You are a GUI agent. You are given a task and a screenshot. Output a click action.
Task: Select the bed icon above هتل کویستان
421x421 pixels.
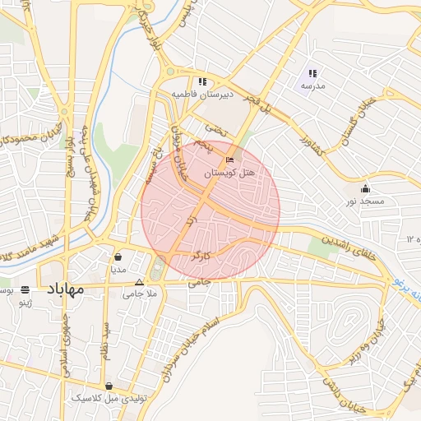[x=229, y=159]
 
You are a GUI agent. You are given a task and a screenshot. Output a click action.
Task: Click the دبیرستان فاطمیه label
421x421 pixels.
[x=202, y=95]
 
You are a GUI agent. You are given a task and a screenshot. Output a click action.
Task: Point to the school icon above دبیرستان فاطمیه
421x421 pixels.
[x=202, y=81]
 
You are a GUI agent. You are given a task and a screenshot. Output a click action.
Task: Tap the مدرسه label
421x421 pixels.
[x=312, y=86]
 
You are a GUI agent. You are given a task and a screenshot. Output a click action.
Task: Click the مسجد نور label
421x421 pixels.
[x=364, y=201]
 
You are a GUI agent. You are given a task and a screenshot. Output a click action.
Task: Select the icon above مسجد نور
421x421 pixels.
[x=365, y=188]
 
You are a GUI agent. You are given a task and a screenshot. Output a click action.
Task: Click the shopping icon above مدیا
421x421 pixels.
[x=118, y=256]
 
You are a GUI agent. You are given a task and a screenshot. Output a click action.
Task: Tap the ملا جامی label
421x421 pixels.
[x=139, y=294]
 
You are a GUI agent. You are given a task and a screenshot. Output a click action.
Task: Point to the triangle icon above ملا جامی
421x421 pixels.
[x=139, y=282]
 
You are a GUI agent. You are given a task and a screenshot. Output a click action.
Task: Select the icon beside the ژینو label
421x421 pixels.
[x=25, y=289]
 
